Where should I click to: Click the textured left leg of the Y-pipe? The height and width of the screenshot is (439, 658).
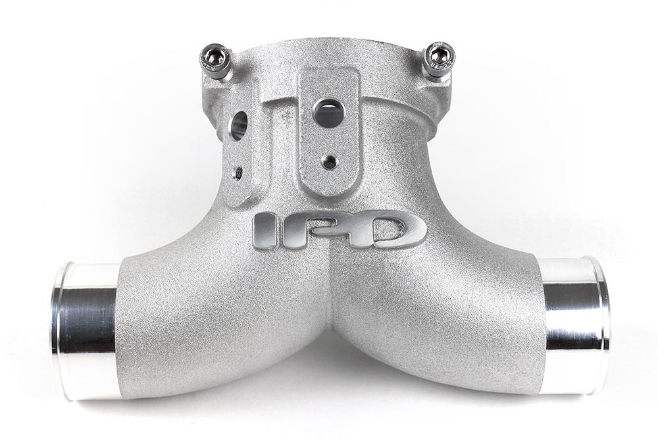pos(197,316)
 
